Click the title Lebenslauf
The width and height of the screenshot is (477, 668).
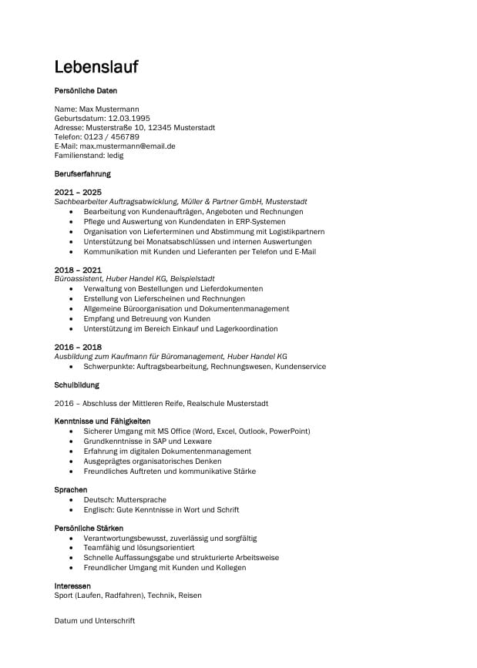pos(96,67)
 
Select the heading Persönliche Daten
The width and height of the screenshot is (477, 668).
pos(86,91)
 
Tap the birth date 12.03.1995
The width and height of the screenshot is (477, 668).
pos(129,118)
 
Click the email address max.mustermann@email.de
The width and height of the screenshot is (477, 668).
pos(128,146)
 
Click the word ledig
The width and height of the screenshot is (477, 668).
pos(115,155)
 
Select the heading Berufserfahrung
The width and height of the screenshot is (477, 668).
pos(82,174)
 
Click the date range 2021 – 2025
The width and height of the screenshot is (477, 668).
pos(78,192)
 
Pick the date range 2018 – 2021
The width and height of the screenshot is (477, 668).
pos(78,269)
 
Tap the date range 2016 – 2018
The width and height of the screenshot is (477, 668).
pos(78,347)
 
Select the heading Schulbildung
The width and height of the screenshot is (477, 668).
pos(77,384)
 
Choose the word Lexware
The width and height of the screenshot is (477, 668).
pos(196,441)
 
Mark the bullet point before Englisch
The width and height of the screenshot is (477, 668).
pos(72,510)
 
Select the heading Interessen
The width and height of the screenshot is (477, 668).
pos(72,586)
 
